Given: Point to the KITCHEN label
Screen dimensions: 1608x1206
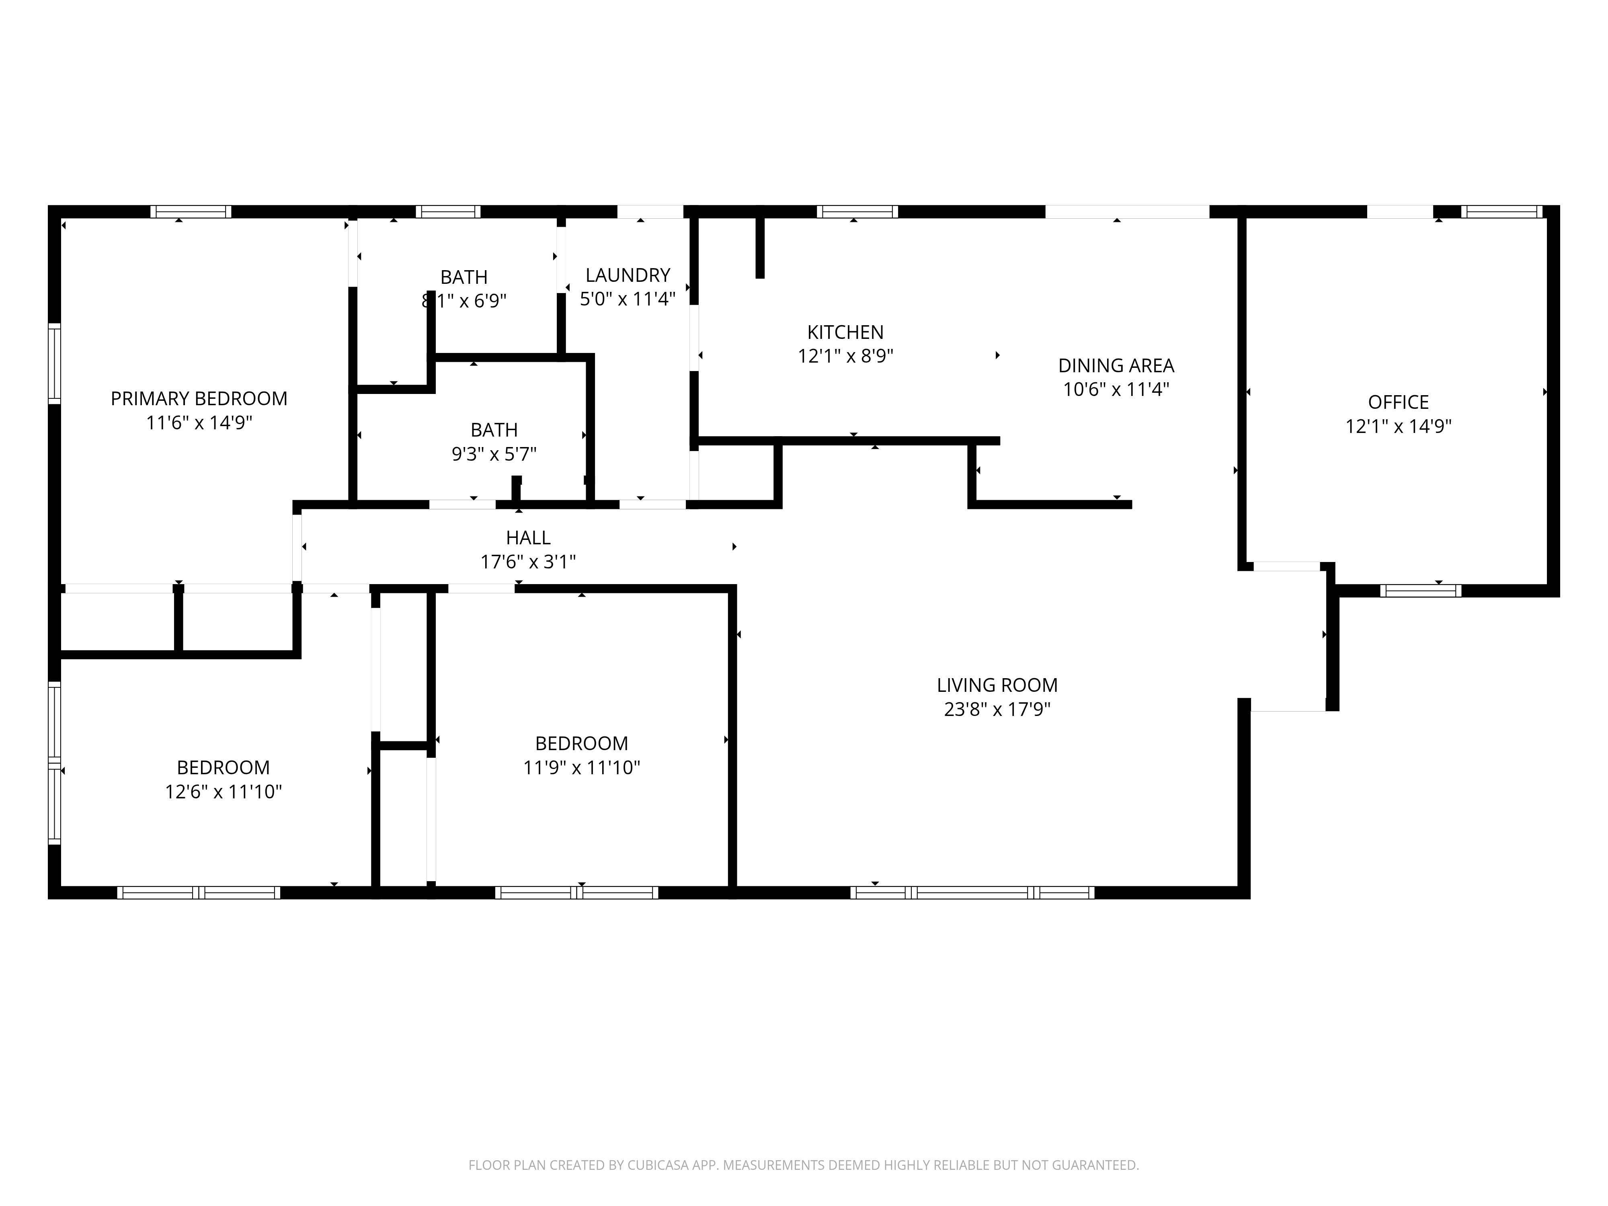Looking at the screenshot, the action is pos(845,332).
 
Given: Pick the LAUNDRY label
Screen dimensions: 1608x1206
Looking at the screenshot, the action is pos(628,275).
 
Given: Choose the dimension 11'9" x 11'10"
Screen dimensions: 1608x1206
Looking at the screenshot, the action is pos(582,768).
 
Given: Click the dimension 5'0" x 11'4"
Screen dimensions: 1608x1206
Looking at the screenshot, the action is pos(628,299).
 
